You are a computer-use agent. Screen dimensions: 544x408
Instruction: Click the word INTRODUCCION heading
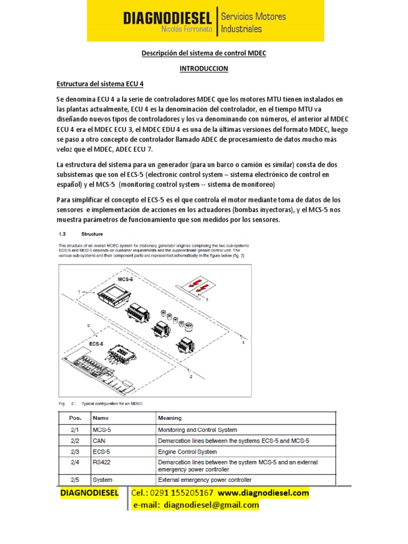203,69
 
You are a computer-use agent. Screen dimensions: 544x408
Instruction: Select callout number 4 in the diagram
243,343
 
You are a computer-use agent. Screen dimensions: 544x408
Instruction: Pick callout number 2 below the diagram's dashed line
190,377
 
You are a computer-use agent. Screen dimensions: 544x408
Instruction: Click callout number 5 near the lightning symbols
208,299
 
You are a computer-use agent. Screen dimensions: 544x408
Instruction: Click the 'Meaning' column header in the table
169,418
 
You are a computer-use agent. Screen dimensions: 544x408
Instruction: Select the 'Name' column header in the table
101,418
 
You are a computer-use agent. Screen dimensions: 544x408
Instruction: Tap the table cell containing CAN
99,441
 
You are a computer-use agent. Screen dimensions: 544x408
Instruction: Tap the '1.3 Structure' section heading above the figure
80,233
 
